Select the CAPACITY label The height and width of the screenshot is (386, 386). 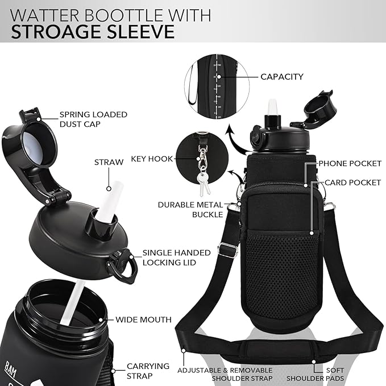click(281, 76)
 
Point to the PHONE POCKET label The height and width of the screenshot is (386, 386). click(350, 164)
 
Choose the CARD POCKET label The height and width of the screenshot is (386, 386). click(352, 183)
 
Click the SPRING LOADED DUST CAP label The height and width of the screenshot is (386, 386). click(93, 119)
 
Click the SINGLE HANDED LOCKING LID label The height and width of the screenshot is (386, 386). click(168, 257)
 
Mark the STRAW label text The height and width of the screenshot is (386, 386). click(109, 162)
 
